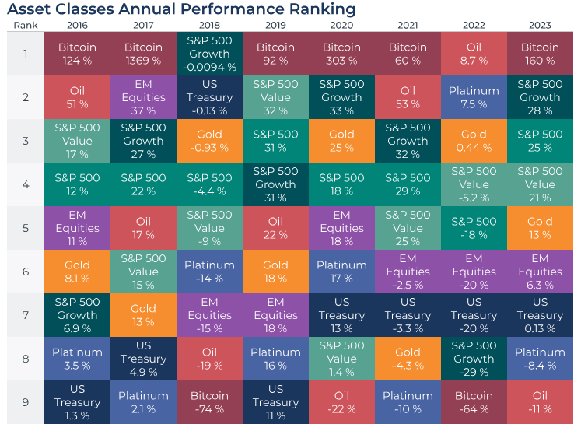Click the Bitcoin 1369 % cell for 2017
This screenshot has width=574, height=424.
point(143,54)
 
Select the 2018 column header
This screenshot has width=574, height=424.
point(209,24)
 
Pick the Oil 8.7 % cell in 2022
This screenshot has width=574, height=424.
point(474,54)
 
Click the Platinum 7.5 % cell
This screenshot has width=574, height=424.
point(474,97)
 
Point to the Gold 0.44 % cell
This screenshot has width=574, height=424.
point(474,141)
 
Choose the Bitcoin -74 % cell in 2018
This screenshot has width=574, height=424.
point(209,402)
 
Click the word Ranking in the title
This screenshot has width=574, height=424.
point(316,9)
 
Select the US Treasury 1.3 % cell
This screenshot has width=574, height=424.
point(77,402)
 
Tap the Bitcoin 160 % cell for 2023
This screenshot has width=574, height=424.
point(540,54)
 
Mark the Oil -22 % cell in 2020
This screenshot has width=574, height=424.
point(341,402)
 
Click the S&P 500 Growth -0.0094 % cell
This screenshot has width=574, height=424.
point(209,54)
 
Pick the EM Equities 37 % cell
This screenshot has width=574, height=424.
point(143,97)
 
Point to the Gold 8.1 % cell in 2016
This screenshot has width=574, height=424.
point(77,272)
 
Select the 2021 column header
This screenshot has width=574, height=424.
point(408,24)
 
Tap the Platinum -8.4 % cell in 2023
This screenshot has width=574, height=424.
point(540,359)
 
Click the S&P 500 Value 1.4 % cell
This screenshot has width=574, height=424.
point(341,359)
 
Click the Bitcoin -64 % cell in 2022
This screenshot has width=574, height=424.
point(474,402)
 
